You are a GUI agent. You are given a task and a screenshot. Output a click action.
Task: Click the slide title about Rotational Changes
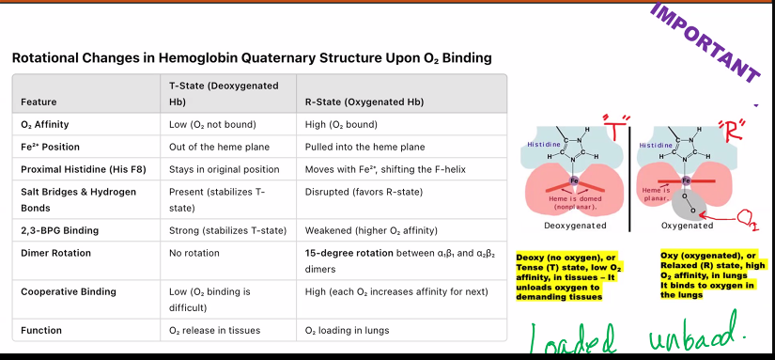pos(251,58)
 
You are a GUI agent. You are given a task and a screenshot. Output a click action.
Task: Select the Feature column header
pos(39,102)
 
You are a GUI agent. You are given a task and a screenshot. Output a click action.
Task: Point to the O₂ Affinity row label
pos(44,124)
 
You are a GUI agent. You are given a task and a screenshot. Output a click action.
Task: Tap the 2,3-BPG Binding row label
pos(61,230)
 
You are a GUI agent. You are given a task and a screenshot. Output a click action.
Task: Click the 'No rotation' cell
pos(194,253)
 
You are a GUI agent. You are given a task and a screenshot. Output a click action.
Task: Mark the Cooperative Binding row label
pos(69,291)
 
